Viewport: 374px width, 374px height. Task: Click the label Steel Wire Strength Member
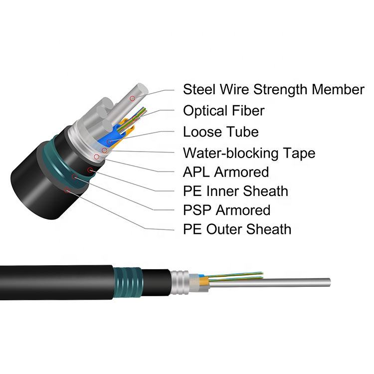coord(273,90)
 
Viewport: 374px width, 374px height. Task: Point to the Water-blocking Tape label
coord(249,153)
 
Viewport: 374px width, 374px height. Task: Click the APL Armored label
coord(226,173)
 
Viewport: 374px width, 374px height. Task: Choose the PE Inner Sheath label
coord(235,191)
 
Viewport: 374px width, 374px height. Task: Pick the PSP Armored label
coord(226,210)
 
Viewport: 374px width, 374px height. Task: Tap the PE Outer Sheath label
coord(237,229)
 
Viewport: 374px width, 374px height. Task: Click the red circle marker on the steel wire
coord(132,99)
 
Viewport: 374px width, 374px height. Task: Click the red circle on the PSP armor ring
coord(75,177)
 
